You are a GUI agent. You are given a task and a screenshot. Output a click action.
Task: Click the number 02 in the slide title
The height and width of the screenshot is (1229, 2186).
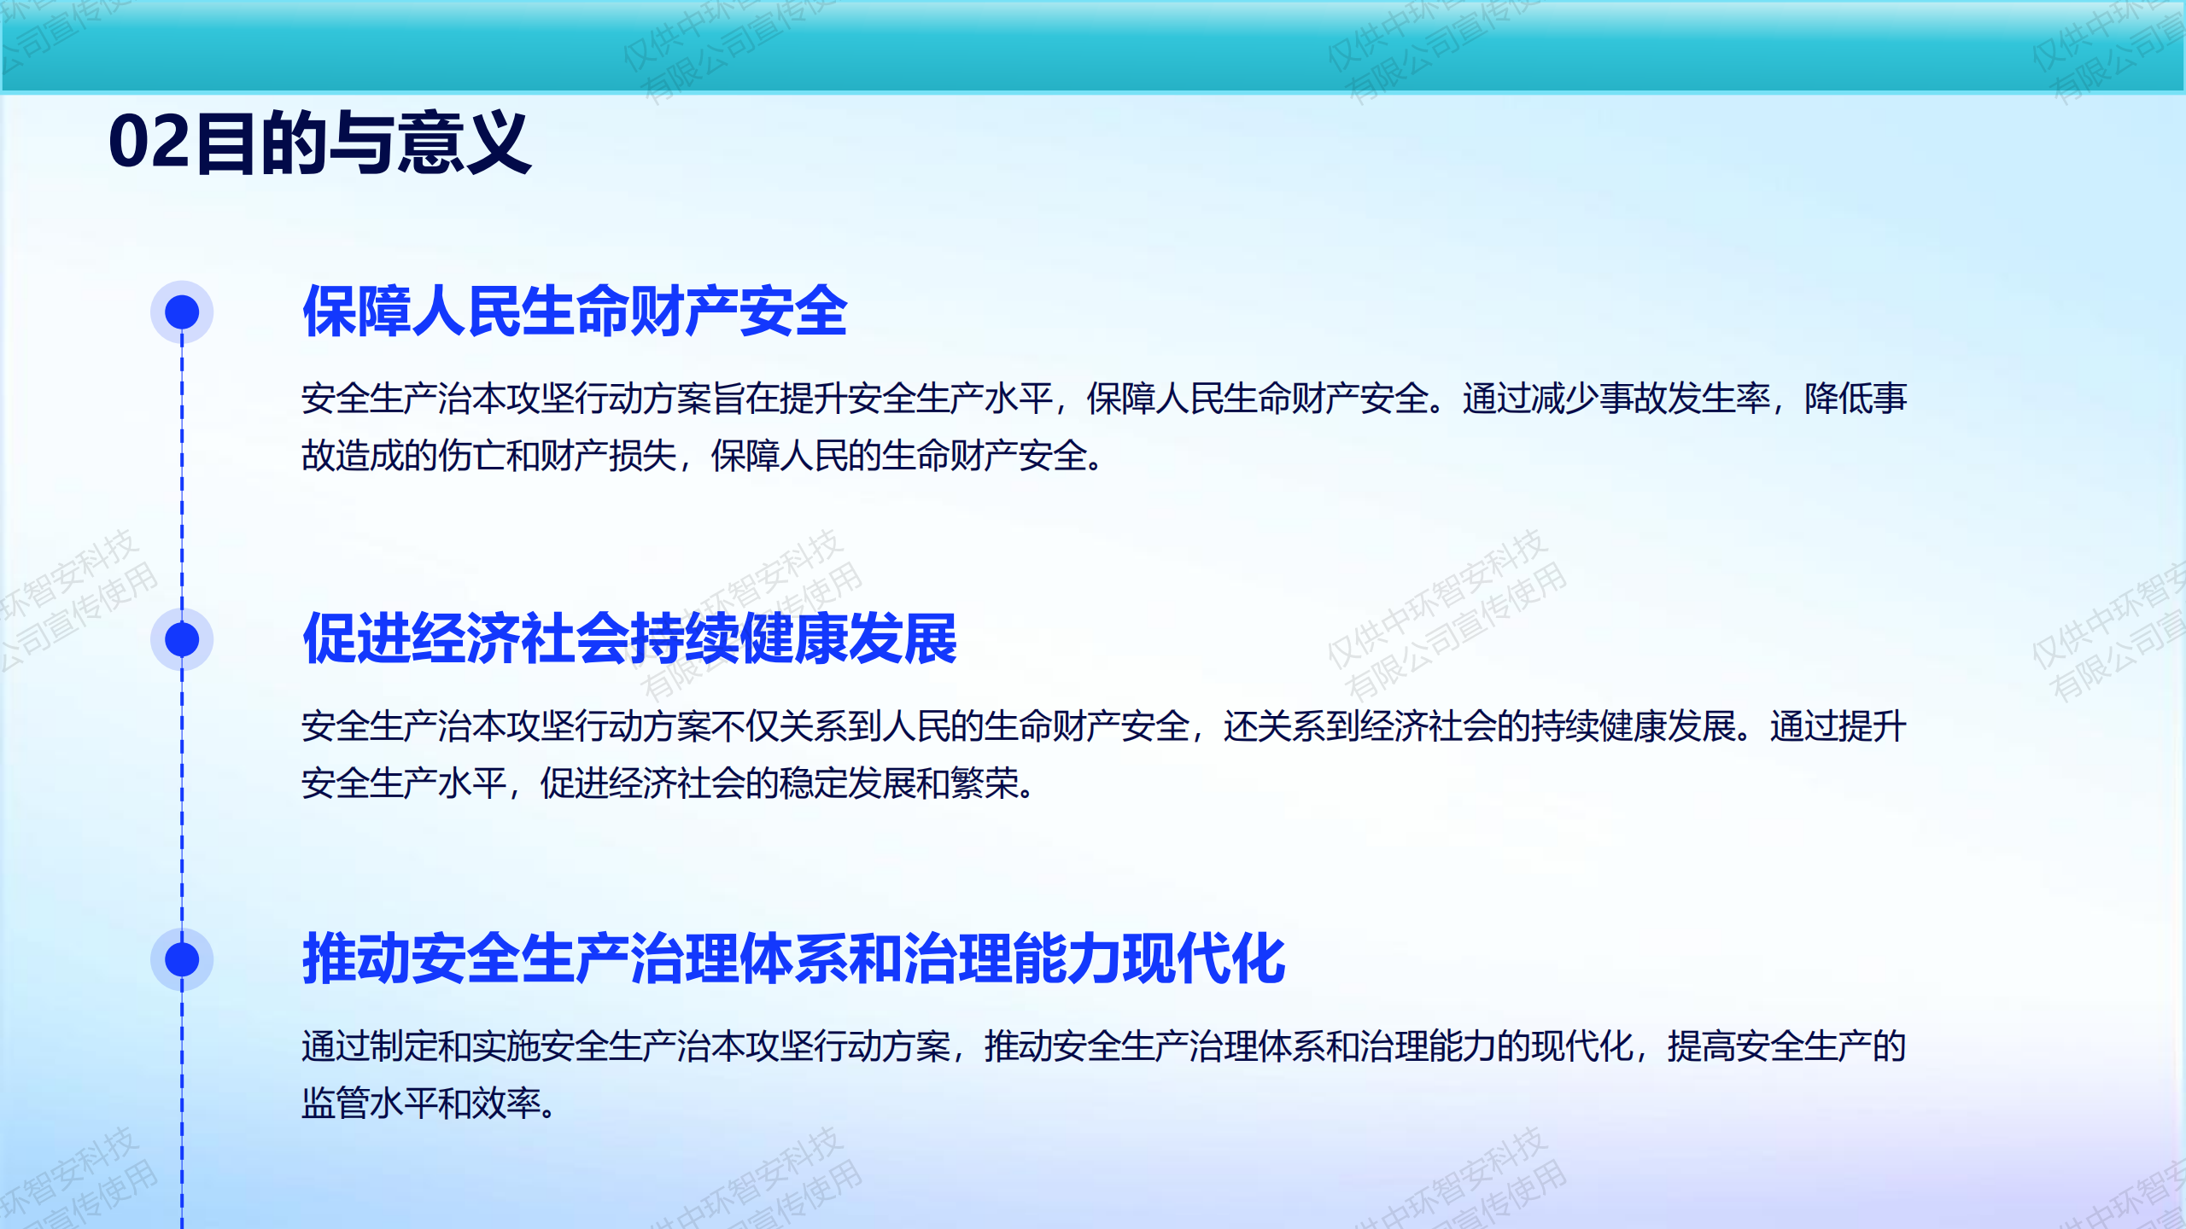click(x=149, y=143)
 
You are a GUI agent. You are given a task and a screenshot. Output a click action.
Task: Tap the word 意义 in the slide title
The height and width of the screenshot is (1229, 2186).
click(x=465, y=143)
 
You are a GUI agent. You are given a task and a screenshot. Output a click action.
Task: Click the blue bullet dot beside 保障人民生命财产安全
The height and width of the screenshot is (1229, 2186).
click(x=182, y=312)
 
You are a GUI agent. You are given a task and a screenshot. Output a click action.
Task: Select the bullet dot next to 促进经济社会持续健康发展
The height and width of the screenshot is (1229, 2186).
click(x=182, y=639)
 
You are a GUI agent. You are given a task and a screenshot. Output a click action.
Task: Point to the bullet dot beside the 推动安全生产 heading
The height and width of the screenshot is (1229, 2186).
click(x=182, y=959)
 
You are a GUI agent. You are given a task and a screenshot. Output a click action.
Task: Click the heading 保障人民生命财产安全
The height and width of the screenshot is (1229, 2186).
click(x=576, y=312)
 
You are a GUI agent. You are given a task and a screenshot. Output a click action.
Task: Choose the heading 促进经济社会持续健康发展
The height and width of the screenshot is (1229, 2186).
click(x=630, y=639)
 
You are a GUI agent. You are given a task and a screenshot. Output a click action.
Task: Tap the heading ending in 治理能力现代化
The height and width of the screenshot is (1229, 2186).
click(x=794, y=959)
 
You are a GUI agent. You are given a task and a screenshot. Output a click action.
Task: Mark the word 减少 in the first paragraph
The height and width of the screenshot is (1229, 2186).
click(x=1565, y=399)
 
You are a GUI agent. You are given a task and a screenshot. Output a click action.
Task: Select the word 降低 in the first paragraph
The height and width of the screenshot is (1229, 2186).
click(x=1838, y=399)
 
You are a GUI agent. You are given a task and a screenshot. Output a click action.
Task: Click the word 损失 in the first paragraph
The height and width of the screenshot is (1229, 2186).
click(x=643, y=456)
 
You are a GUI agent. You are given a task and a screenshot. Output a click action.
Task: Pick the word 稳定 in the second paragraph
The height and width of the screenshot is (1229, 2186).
click(x=814, y=783)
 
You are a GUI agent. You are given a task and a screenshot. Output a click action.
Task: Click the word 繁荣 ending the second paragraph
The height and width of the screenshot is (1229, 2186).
click(x=985, y=783)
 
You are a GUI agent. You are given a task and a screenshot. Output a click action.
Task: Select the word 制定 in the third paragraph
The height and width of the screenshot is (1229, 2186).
click(x=404, y=1046)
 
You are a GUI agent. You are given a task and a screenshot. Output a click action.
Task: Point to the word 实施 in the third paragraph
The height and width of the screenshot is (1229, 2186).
click(x=506, y=1046)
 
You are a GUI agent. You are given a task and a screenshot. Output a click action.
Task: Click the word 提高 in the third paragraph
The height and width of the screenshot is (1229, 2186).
click(x=1702, y=1046)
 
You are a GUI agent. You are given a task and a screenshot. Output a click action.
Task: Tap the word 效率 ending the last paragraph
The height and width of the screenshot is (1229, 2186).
click(x=506, y=1104)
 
